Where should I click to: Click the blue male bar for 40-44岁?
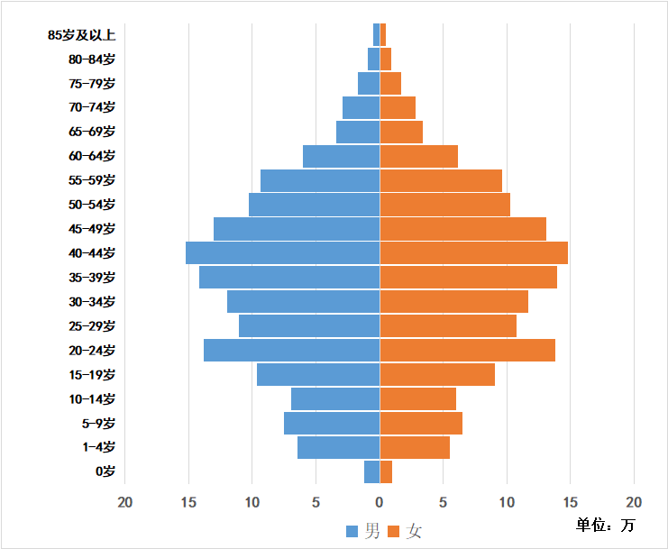click(282, 253)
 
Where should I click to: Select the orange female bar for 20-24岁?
click(467, 351)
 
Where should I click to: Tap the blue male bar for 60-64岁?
click(341, 156)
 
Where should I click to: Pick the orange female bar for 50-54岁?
click(444, 205)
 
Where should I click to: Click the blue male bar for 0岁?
click(372, 471)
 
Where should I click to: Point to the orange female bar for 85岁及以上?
click(383, 35)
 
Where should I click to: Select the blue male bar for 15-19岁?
click(318, 375)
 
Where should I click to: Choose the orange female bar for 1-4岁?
click(415, 447)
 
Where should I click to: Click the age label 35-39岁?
click(92, 278)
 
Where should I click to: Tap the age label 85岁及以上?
click(82, 35)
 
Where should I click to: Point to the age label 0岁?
click(105, 471)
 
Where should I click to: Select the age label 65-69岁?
click(92, 132)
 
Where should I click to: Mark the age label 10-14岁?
click(92, 399)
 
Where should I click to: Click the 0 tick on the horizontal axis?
click(380, 501)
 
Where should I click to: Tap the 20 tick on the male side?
click(125, 501)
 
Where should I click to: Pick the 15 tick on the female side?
click(571, 501)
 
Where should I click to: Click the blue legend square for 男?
click(352, 532)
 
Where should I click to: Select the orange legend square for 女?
click(394, 532)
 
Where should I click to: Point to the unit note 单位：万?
click(606, 525)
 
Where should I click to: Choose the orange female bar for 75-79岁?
click(390, 84)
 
